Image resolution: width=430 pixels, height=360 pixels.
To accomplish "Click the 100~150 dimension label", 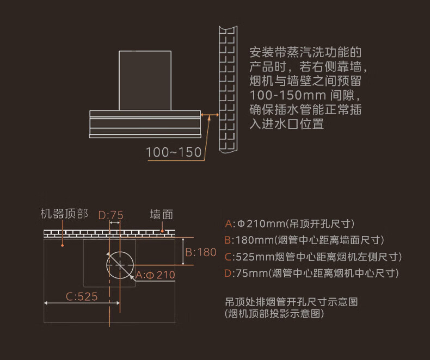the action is click(x=174, y=152).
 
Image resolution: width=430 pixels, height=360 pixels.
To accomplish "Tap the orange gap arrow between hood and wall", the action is click(x=209, y=115).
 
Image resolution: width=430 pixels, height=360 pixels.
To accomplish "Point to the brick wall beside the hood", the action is click(x=228, y=90).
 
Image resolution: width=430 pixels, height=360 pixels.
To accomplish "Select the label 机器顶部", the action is click(x=64, y=214).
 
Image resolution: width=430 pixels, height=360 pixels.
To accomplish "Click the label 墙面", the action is click(x=162, y=215).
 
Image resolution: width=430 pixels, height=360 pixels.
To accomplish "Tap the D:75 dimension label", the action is click(x=111, y=215).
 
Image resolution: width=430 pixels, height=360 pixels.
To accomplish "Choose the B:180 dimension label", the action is click(x=201, y=252).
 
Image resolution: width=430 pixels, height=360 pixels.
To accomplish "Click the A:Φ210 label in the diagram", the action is click(x=156, y=275).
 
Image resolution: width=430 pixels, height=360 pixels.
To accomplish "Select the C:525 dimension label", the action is click(x=82, y=297).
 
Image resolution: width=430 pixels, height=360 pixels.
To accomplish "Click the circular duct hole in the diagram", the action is click(x=120, y=264).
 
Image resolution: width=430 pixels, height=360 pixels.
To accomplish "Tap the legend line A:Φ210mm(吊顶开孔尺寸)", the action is click(x=290, y=224).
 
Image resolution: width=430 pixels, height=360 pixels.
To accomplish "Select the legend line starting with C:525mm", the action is click(x=313, y=257).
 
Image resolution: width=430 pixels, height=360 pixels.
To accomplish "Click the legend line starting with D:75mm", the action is click(x=312, y=273).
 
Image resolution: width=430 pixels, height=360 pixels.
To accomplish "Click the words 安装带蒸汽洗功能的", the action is click(x=305, y=54).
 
